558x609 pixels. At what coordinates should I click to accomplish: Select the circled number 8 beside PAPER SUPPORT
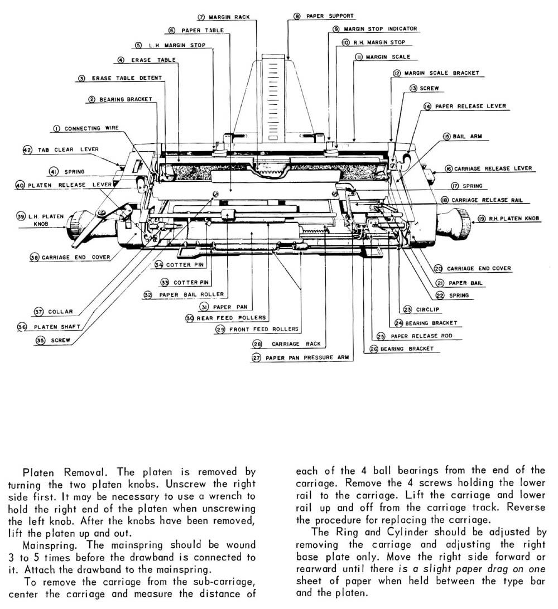pos(297,17)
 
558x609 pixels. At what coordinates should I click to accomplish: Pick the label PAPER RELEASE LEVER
pos(463,106)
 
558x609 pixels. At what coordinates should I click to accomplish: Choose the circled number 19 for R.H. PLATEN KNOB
pos(481,219)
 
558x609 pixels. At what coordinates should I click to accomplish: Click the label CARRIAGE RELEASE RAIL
pos(486,200)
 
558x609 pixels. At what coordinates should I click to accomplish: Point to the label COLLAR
pos(60,312)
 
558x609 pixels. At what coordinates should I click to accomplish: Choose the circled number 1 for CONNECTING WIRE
pos(56,129)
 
